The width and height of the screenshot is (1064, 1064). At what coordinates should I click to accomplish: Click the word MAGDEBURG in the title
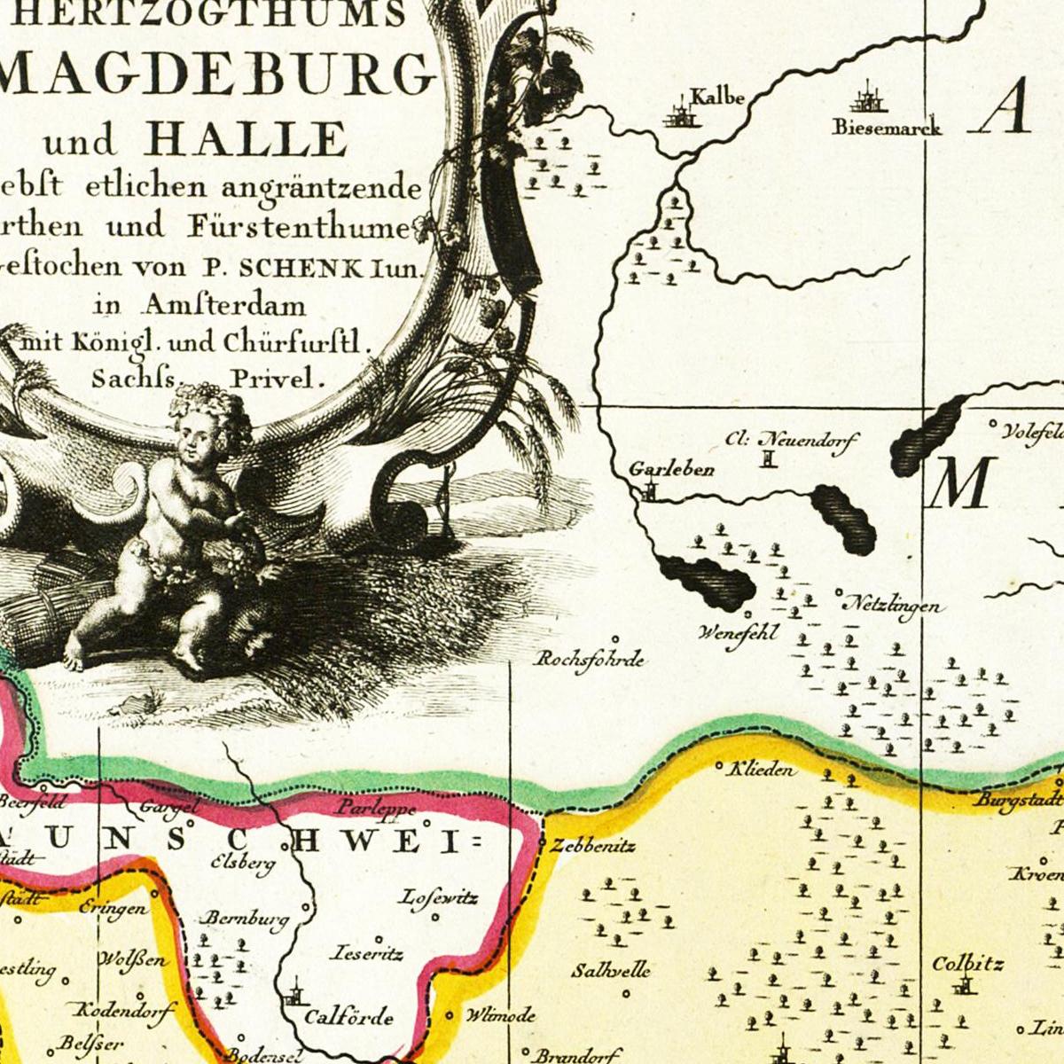click(217, 75)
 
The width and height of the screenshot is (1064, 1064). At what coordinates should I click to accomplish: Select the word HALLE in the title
click(246, 139)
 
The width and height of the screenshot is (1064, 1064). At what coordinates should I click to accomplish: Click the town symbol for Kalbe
click(680, 114)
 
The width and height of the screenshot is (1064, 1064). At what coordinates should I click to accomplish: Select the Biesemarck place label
click(886, 127)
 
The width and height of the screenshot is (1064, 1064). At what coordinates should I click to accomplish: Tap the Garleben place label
click(671, 469)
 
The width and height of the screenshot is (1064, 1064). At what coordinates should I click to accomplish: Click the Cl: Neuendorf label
click(791, 439)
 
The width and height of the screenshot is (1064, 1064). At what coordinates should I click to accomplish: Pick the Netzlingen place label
click(895, 606)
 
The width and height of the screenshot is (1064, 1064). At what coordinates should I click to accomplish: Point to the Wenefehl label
click(738, 633)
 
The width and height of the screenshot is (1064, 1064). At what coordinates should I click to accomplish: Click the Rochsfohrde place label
click(590, 660)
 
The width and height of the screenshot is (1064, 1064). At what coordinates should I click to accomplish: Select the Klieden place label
click(761, 770)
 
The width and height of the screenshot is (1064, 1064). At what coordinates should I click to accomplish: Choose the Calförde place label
click(348, 1017)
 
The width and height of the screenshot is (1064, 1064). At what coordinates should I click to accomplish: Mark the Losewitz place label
click(438, 898)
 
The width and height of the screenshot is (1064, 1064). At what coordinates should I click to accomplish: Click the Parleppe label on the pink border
click(375, 809)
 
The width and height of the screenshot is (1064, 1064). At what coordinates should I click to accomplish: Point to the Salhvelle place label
click(610, 970)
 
